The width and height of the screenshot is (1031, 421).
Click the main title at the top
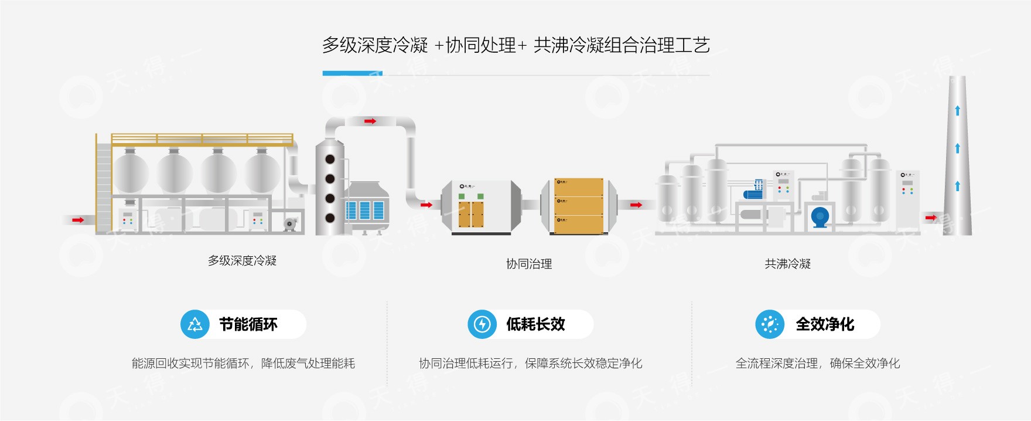coord(515,45)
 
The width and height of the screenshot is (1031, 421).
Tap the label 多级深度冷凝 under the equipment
coord(242,260)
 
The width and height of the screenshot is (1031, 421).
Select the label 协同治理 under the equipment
coord(529,264)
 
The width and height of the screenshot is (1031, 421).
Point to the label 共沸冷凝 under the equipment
coord(787,264)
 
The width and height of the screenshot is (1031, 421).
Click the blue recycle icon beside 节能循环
coord(194,324)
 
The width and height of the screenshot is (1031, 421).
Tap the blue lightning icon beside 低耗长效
coord(482,324)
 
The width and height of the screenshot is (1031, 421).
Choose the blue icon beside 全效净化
coord(770,324)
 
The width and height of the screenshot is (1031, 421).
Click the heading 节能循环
coord(248,324)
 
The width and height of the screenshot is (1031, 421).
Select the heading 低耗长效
coord(535,324)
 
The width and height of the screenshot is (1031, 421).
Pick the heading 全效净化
coord(825,324)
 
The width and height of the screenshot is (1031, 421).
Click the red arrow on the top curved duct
coord(370,121)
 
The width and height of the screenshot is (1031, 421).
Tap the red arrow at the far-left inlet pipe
coord(78,220)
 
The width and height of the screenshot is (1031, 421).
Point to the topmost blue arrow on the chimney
coord(958,110)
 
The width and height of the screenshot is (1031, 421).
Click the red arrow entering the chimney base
coord(931,218)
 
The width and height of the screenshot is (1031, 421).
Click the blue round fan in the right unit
coord(820,217)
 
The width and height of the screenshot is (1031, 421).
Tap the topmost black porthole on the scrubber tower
coord(330,159)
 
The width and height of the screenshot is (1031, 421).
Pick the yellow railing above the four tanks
coord(202,139)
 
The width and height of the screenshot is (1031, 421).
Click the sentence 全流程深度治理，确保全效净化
coord(818,364)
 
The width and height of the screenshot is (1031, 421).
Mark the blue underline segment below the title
coord(352,74)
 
